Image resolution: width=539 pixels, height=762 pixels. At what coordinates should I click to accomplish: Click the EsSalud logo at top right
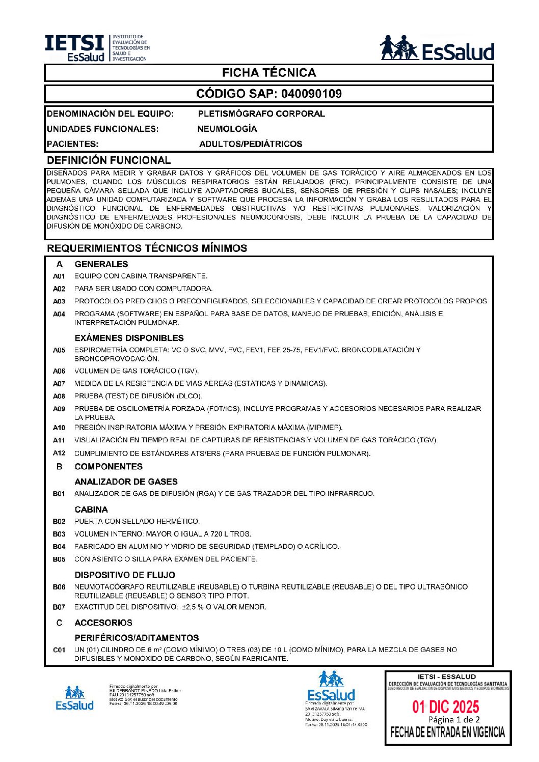437,49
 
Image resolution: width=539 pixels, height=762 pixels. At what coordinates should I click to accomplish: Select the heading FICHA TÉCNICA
269,73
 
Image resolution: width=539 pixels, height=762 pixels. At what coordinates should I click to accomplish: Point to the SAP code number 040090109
311,94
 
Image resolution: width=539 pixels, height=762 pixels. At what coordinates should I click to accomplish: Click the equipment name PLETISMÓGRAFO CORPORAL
261,114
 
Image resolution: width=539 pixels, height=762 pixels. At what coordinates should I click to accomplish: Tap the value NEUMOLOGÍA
227,129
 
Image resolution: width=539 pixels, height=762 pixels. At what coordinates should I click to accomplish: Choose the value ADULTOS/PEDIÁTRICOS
251,144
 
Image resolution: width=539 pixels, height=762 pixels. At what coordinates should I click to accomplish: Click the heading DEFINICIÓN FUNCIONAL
109,160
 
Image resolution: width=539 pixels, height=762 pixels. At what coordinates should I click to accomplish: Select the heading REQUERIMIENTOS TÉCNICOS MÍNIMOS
147,248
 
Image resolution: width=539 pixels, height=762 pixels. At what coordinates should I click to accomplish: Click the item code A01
59,276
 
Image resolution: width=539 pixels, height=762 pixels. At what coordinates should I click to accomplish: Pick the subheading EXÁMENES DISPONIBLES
129,338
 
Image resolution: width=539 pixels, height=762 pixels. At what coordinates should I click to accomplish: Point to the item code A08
59,396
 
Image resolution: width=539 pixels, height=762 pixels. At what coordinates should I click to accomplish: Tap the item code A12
59,453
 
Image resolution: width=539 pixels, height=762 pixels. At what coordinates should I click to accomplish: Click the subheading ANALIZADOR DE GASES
126,482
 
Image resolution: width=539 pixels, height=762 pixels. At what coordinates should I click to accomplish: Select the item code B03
59,534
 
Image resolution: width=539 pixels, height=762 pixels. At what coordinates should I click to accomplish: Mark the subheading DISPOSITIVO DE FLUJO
125,575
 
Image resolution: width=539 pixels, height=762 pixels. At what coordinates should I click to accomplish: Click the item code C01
59,650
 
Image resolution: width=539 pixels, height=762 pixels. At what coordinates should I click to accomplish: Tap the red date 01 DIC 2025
446,707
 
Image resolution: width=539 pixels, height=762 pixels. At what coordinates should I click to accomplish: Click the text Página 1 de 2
454,720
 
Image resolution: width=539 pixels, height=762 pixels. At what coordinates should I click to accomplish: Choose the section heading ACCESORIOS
103,623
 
